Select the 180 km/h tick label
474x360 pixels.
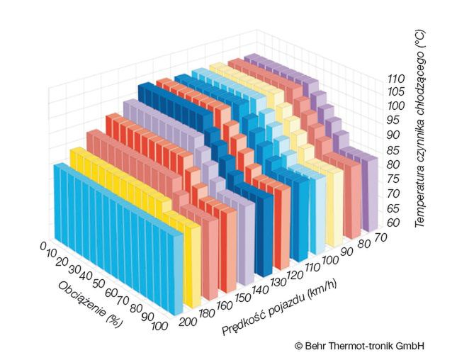click(x=208, y=313)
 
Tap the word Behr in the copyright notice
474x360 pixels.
click(x=317, y=345)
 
